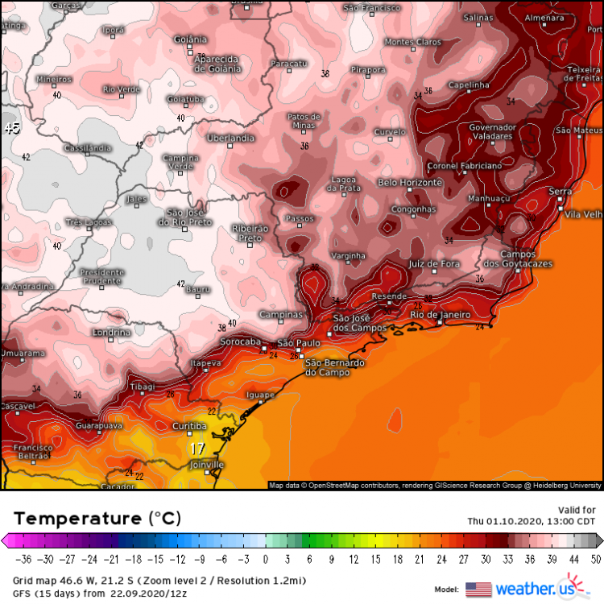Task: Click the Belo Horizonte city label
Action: point(410,183)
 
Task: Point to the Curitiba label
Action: point(191,426)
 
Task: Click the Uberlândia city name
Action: point(230,139)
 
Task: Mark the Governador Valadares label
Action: point(492,132)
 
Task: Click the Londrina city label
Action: point(111,332)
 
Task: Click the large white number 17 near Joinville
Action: point(197,449)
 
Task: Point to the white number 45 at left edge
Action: point(11,128)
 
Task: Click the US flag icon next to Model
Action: point(478,589)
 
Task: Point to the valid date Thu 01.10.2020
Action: point(532,521)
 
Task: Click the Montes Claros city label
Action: point(413,42)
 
